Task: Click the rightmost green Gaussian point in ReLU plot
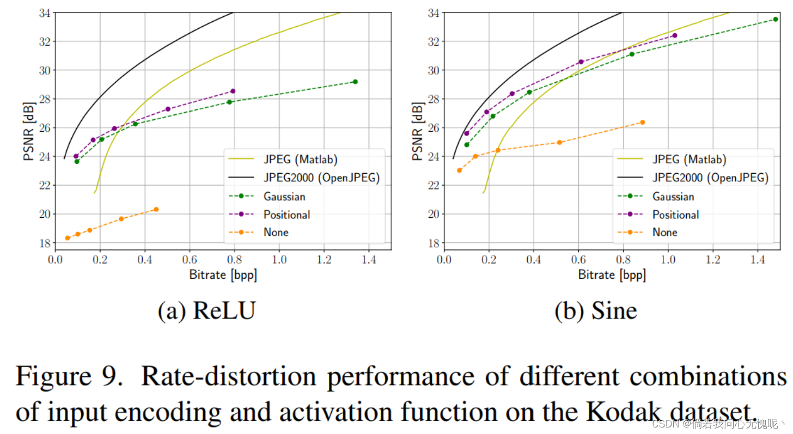pyautogui.click(x=355, y=82)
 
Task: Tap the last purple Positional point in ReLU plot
pyautogui.click(x=233, y=91)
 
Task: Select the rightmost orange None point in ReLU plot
pyautogui.click(x=156, y=209)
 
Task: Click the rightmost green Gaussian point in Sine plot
pyautogui.click(x=775, y=19)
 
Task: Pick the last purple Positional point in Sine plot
pyautogui.click(x=674, y=35)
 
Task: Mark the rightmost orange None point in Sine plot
pyautogui.click(x=642, y=123)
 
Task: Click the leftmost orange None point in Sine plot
pyautogui.click(x=459, y=170)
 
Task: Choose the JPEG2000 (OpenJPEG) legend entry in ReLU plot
pyautogui.click(x=321, y=178)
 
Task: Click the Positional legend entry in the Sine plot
pyautogui.click(x=675, y=215)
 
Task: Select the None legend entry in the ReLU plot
pyautogui.click(x=276, y=232)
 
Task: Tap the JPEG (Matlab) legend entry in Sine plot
pyautogui.click(x=689, y=160)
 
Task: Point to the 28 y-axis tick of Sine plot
pyautogui.click(x=420, y=99)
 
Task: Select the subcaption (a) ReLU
pyautogui.click(x=206, y=311)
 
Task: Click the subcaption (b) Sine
pyautogui.click(x=596, y=311)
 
